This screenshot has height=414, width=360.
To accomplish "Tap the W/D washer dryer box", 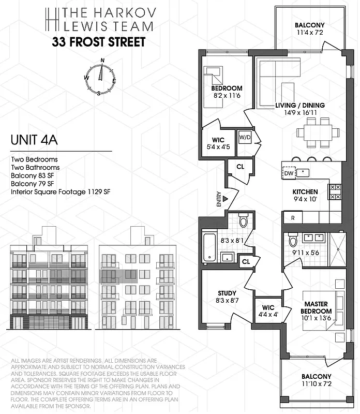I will pyautogui.click(x=244, y=138).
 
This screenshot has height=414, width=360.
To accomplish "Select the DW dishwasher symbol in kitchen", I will pyautogui.click(x=289, y=173).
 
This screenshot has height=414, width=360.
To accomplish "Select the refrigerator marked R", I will pyautogui.click(x=293, y=218).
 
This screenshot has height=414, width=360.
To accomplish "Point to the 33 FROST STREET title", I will pyautogui.click(x=98, y=42).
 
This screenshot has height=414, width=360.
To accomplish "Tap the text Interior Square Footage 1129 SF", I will pyautogui.click(x=61, y=192).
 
